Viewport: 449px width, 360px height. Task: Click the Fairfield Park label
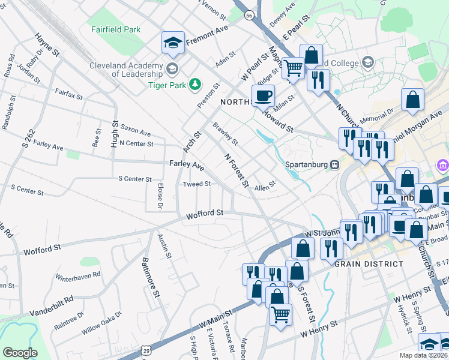pyautogui.click(x=116, y=29)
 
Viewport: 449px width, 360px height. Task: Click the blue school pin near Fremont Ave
pyautogui.click(x=173, y=43)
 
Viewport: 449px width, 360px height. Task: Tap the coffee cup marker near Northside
pyautogui.click(x=263, y=95)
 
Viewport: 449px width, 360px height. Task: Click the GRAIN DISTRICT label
pyautogui.click(x=369, y=264)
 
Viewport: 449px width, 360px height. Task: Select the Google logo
pyautogui.click(x=20, y=352)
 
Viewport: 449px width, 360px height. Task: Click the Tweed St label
pyautogui.click(x=196, y=184)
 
